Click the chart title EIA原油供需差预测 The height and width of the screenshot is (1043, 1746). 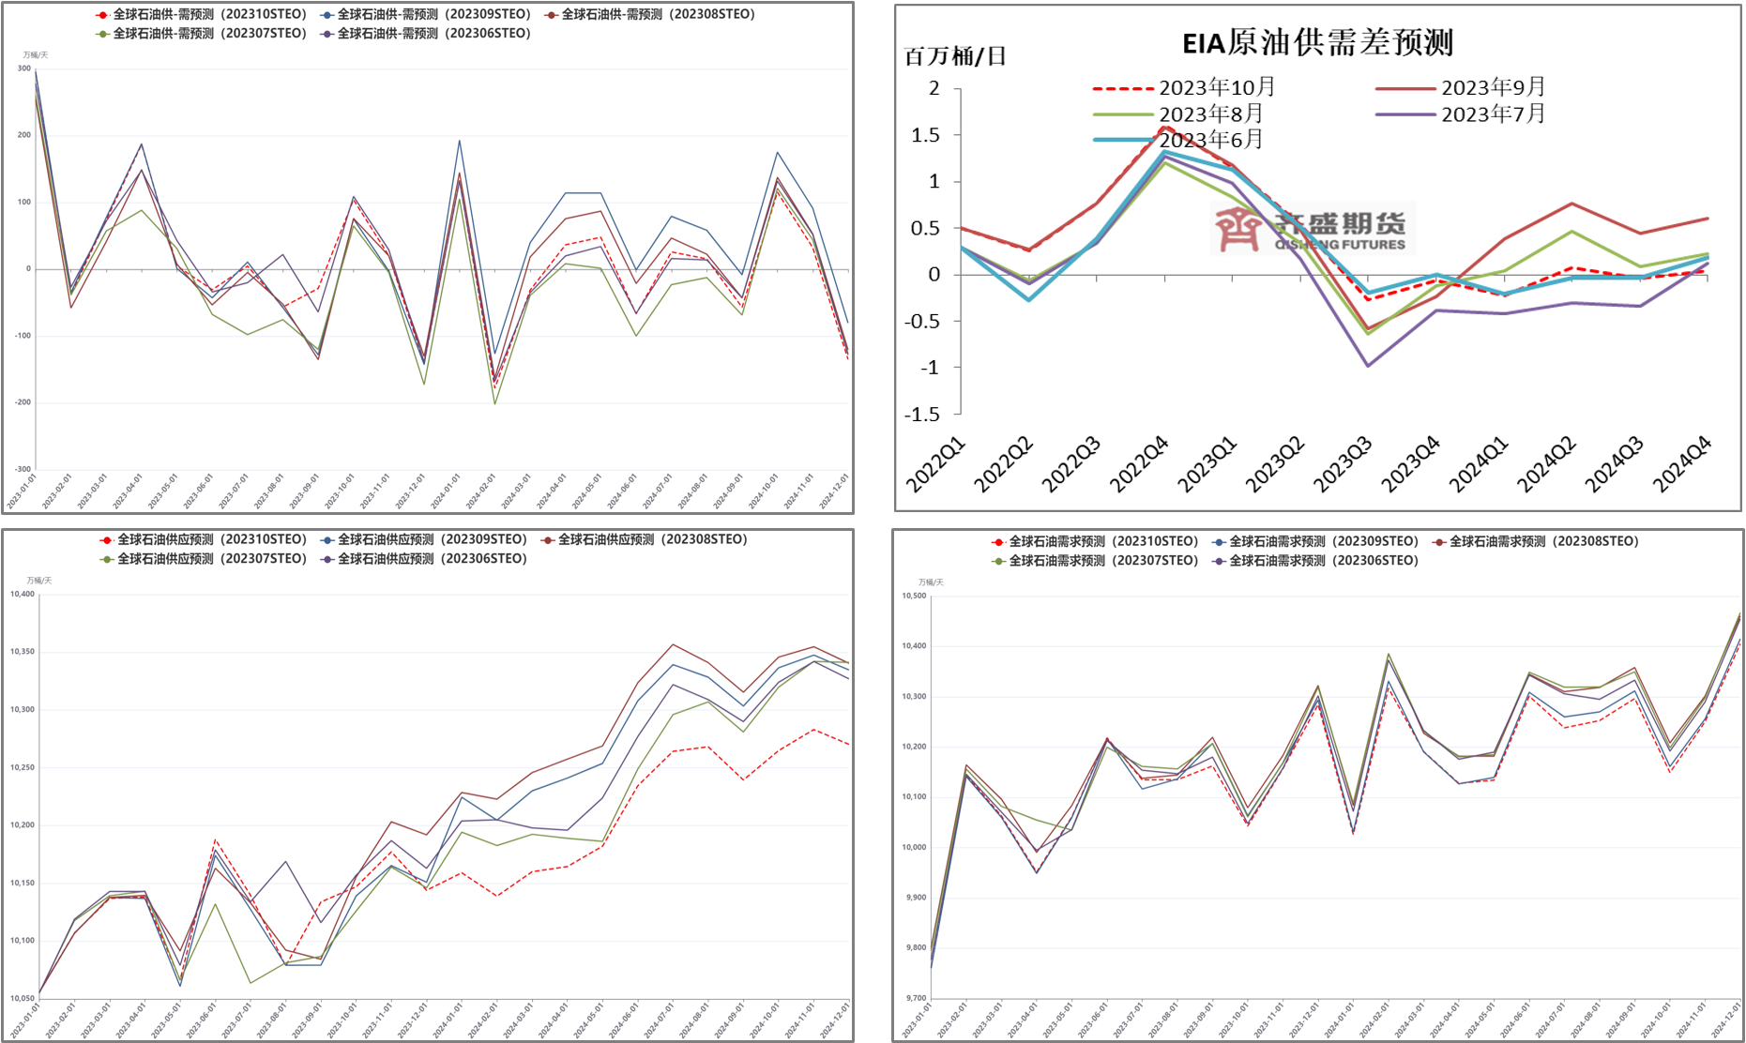coord(1317,43)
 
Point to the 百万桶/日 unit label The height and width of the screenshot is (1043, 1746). coord(955,57)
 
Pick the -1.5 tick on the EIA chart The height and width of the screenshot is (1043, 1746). coord(922,415)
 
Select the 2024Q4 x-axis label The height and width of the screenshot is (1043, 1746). coord(1681,465)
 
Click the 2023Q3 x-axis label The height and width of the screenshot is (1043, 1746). coord(1342,465)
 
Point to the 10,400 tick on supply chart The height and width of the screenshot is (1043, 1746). coord(23,595)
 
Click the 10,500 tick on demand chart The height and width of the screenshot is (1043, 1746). coord(914,597)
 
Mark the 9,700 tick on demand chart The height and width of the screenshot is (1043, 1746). coord(916,999)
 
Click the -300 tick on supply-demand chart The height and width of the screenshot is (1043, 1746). coord(23,469)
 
